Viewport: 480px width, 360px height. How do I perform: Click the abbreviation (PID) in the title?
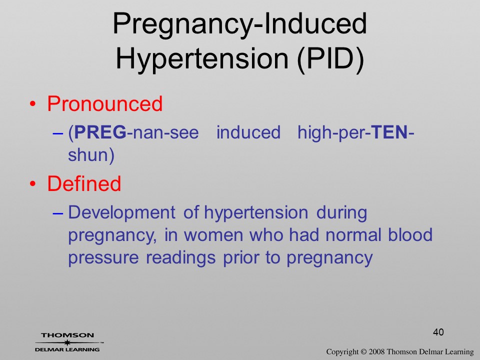click(330, 58)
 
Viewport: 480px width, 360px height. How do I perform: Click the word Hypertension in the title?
click(202, 59)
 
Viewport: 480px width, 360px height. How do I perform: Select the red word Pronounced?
click(104, 103)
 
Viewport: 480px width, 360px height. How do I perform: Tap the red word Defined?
click(84, 183)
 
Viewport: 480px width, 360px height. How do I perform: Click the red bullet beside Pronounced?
click(33, 104)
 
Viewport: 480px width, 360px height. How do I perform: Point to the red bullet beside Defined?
click(33, 184)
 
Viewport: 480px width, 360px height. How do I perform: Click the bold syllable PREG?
click(100, 132)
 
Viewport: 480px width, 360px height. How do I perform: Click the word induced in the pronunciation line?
click(248, 132)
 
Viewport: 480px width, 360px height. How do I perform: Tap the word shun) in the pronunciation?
click(91, 155)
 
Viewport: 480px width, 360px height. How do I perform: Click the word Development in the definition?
click(122, 213)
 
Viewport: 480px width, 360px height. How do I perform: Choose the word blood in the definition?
click(410, 234)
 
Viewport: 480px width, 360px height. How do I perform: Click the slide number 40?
click(438, 332)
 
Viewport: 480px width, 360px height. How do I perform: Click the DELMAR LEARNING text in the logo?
click(67, 349)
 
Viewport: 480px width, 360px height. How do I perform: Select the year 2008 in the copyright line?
click(376, 351)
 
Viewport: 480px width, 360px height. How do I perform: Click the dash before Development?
click(58, 213)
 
